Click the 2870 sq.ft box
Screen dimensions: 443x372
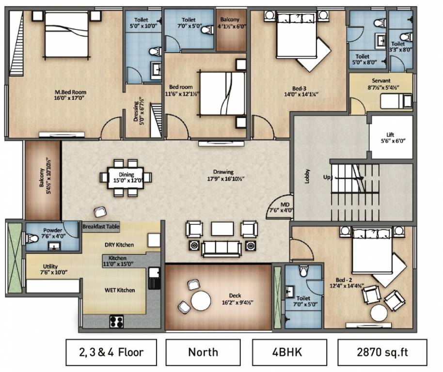[382, 352]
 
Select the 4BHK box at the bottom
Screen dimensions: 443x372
[291, 352]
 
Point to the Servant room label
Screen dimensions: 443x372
[381, 81]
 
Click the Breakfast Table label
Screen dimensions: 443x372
[101, 227]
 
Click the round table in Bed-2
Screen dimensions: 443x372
[379, 311]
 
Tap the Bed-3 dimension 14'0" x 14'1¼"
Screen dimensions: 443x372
[299, 95]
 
